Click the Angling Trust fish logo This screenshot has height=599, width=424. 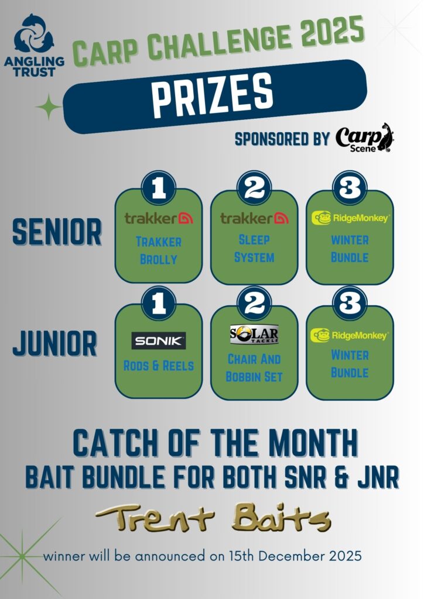(34, 33)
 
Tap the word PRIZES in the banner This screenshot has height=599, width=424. (213, 95)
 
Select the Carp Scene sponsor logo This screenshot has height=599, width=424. (365, 138)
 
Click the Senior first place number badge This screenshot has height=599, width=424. (159, 188)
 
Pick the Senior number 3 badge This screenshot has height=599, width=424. (350, 188)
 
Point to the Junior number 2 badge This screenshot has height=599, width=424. (254, 304)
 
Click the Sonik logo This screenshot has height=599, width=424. (159, 341)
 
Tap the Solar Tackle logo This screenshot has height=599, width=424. (254, 334)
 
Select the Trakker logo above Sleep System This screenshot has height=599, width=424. (254, 218)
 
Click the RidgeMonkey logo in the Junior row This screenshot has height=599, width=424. (349, 335)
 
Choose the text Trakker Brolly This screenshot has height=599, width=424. (159, 250)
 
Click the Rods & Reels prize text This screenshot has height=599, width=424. (159, 366)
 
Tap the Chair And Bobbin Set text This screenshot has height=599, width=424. (254, 367)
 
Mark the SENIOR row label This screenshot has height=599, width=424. (57, 232)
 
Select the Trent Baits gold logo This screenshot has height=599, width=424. (213, 518)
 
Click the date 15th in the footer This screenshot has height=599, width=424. (242, 555)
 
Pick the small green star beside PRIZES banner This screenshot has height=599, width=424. (49, 107)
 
